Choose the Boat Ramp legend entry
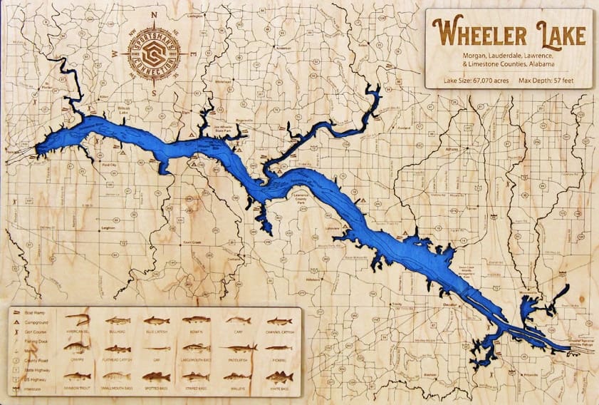[x=38, y=313]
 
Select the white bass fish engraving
[x=279, y=376]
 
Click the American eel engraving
[x=76, y=321]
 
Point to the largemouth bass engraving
[x=197, y=349]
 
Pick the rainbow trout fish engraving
[x=76, y=376]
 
